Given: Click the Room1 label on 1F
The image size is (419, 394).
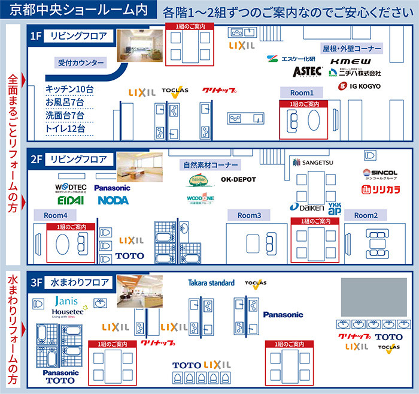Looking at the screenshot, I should [302, 93].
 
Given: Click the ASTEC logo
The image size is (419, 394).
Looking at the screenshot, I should [308, 71].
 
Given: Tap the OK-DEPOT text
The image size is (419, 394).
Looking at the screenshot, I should [238, 179].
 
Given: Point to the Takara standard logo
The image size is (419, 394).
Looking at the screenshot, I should [211, 282].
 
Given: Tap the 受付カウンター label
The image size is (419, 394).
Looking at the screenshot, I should [81, 62].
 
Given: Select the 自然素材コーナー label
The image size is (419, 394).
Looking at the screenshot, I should [209, 164].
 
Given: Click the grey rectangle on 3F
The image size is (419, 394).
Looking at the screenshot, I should [366, 297].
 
